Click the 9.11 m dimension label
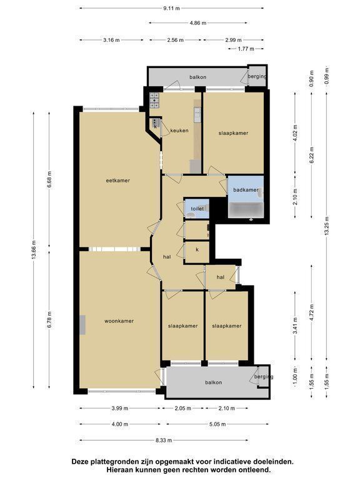click(171, 8)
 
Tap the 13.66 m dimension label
click(34, 250)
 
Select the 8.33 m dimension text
click(164, 440)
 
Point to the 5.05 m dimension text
click(217, 424)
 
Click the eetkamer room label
click(118, 181)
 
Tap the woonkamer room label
click(119, 321)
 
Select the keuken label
click(179, 131)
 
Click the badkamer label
click(246, 190)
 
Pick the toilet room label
click(197, 209)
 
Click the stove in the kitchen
click(154, 101)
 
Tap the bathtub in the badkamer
click(246, 210)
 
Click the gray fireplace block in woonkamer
click(82, 325)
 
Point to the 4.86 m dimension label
click(198, 22)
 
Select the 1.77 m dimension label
click(246, 49)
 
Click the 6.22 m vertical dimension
click(312, 155)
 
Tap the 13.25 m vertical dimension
click(327, 226)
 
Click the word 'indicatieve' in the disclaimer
click(222, 461)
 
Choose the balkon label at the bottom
click(213, 382)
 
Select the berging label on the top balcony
click(257, 76)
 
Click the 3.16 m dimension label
click(111, 40)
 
